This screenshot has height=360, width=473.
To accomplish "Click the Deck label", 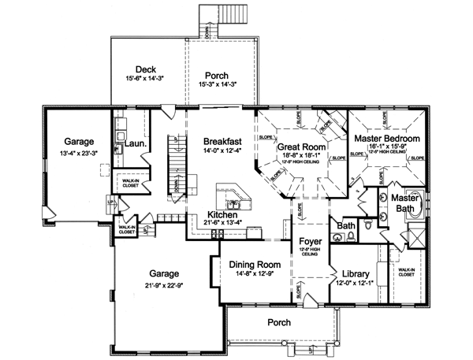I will (144, 69).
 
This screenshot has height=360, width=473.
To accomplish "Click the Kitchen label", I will (222, 213).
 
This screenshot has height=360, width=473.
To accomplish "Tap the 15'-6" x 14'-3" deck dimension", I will (144, 80).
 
